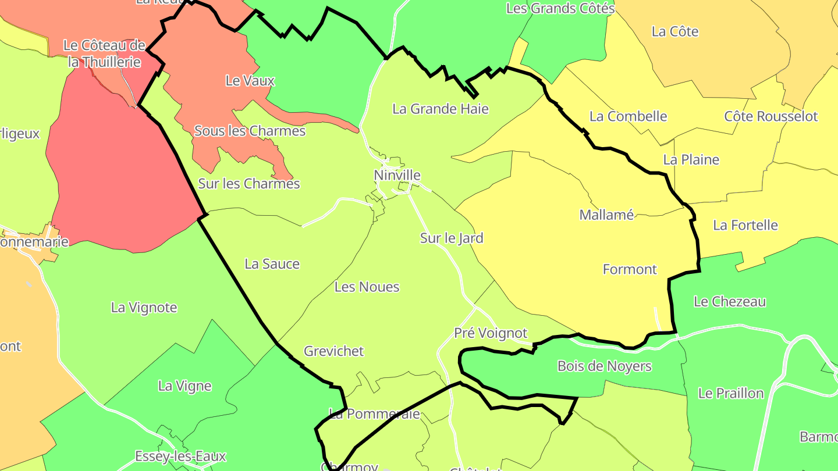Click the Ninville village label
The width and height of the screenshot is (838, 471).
(397, 175)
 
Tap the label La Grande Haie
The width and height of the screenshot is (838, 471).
(441, 109)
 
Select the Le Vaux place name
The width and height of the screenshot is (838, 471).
(250, 81)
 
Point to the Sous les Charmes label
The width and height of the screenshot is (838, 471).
(250, 131)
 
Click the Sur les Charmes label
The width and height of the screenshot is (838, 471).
(249, 184)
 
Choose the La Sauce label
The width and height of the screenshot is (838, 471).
(272, 264)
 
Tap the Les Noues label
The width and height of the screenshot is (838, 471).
(367, 287)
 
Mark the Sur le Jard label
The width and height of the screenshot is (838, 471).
(452, 238)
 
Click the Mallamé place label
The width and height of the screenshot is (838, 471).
(606, 215)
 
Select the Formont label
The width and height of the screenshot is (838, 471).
(630, 269)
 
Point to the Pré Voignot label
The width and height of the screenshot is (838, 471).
(491, 333)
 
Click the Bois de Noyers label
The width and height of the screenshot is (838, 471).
(605, 366)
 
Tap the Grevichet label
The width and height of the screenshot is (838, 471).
(333, 351)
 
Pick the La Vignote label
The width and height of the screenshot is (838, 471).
(144, 308)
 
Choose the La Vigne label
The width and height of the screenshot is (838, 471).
(184, 386)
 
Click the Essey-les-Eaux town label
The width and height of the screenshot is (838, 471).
(180, 456)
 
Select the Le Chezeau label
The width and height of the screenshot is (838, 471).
(730, 302)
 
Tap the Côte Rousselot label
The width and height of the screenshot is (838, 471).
(770, 116)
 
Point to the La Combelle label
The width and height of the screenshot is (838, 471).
(628, 116)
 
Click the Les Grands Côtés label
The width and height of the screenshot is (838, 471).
(560, 8)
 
